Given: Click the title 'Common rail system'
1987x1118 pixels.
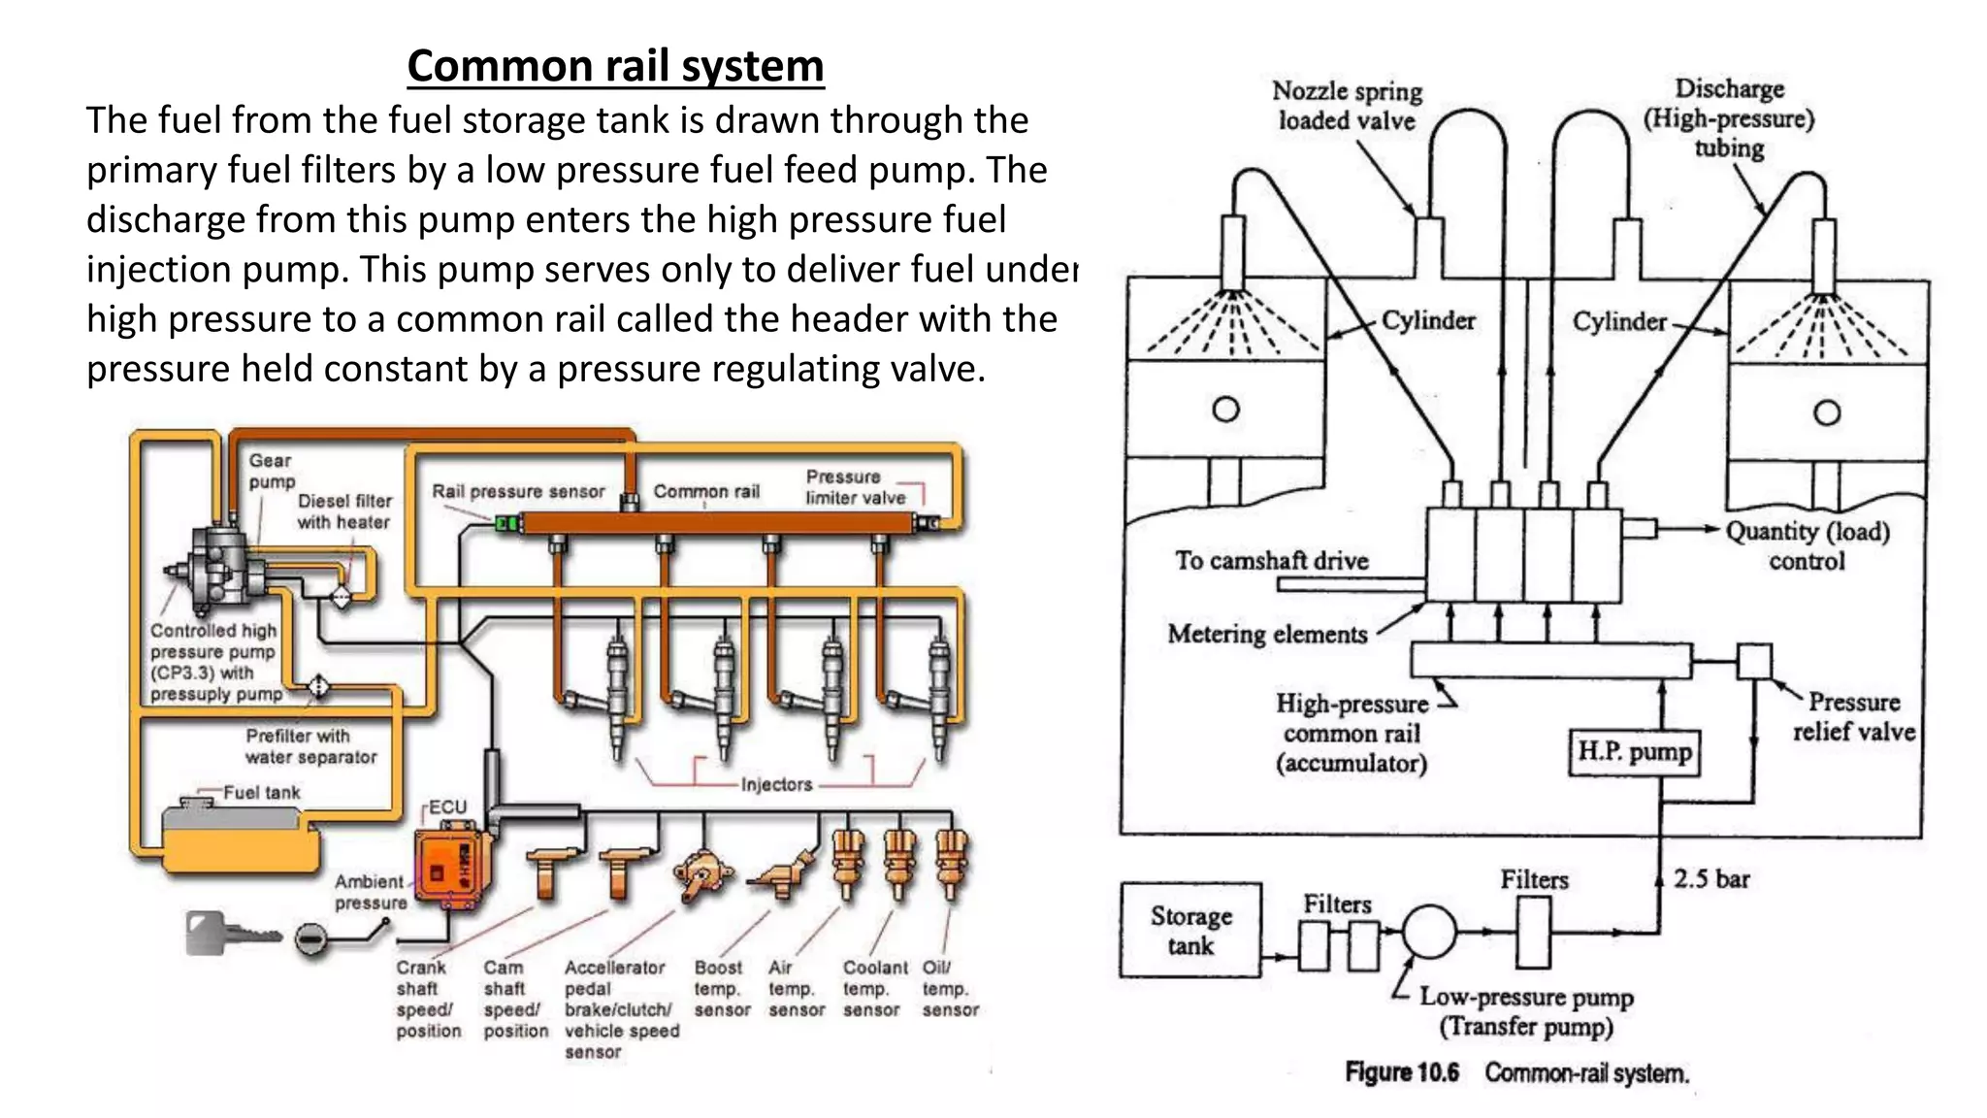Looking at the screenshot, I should pos(615,66).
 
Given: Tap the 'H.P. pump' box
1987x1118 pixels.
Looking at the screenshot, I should pos(1634,752).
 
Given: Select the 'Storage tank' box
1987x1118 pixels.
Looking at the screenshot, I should pos(1190,930).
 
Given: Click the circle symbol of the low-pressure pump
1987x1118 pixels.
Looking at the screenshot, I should pos(1429,932).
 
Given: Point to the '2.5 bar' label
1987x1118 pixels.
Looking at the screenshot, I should pos(1710,879).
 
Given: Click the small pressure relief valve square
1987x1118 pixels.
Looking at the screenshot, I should pos(1753,662).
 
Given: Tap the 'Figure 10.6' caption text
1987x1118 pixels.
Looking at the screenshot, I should pos(1402,1072).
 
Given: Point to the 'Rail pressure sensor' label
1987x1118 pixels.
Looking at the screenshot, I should pos(517,491).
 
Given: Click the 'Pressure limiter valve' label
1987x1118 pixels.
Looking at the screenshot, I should pos(855,487).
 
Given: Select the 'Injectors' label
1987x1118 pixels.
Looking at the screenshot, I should pos(776,784).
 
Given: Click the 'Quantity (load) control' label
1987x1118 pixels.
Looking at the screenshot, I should pos(1807,545).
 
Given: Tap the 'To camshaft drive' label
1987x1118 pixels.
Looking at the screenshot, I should pos(1271,560).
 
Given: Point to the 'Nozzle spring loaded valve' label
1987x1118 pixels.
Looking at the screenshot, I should pos(1347,106).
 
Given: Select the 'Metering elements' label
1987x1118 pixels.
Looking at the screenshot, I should pos(1267,634).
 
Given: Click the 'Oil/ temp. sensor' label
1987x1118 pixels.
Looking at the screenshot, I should pos(948,989).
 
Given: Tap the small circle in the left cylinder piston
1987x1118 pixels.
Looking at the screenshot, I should pos(1225,409).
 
